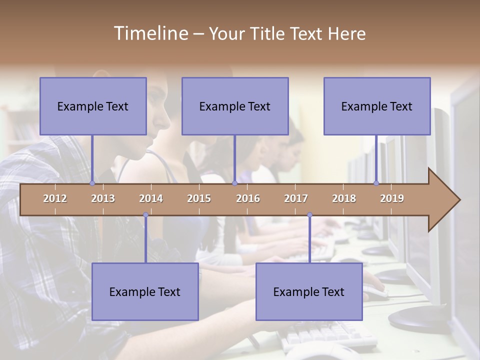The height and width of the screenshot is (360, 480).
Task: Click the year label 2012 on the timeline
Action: (x=55, y=198)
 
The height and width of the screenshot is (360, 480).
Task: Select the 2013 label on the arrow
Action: (x=103, y=198)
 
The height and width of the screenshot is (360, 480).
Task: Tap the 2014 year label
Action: (x=151, y=198)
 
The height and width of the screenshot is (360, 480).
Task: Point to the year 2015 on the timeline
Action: (x=199, y=198)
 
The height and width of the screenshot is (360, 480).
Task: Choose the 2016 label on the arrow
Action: (x=248, y=198)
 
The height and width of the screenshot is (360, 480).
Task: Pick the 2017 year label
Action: (x=296, y=198)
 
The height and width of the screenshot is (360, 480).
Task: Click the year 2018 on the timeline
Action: (x=344, y=198)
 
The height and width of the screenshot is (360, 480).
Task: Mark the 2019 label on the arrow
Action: (x=392, y=198)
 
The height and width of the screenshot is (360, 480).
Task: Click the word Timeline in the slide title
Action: (x=150, y=33)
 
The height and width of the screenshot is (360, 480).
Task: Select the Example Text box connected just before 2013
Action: (x=93, y=106)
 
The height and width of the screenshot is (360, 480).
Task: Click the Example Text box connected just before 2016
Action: (x=235, y=106)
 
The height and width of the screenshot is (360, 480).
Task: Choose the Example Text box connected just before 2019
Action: (x=377, y=106)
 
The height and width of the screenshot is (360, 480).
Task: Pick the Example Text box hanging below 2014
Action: (x=145, y=291)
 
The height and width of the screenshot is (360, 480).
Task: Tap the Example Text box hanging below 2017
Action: (x=309, y=291)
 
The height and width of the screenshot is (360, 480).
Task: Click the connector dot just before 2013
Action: (x=92, y=183)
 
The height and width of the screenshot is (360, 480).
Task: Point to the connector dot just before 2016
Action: (x=234, y=183)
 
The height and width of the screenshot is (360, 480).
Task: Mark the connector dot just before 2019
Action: (x=376, y=183)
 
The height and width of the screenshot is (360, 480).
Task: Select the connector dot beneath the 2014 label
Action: (x=145, y=215)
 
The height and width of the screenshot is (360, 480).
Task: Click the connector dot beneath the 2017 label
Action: (x=309, y=215)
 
